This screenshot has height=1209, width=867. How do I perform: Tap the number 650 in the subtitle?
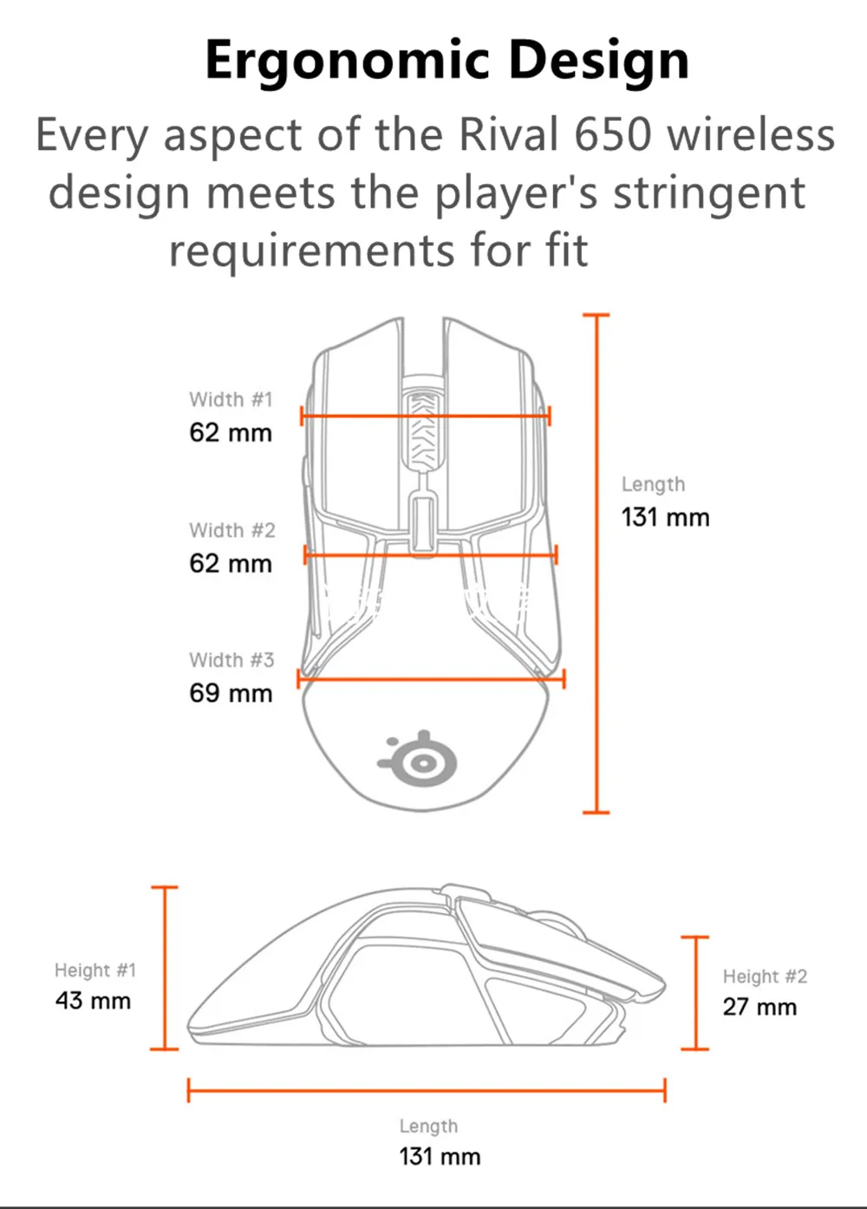[612, 135]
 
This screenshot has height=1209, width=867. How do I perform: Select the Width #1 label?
[231, 400]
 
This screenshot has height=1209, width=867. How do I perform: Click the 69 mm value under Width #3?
[231, 694]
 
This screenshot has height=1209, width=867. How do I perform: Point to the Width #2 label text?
[232, 530]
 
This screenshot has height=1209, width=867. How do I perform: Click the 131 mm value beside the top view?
[665, 518]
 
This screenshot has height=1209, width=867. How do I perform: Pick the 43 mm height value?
[93, 1001]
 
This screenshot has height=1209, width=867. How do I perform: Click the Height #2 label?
[765, 977]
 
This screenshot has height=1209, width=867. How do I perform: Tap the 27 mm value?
[759, 1007]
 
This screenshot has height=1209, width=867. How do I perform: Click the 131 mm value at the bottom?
[440, 1156]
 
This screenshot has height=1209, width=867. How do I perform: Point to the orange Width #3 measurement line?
[431, 679]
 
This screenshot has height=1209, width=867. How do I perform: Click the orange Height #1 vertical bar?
[164, 968]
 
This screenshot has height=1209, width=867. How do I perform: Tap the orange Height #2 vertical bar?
[694, 993]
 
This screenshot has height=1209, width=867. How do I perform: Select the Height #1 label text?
[95, 970]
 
